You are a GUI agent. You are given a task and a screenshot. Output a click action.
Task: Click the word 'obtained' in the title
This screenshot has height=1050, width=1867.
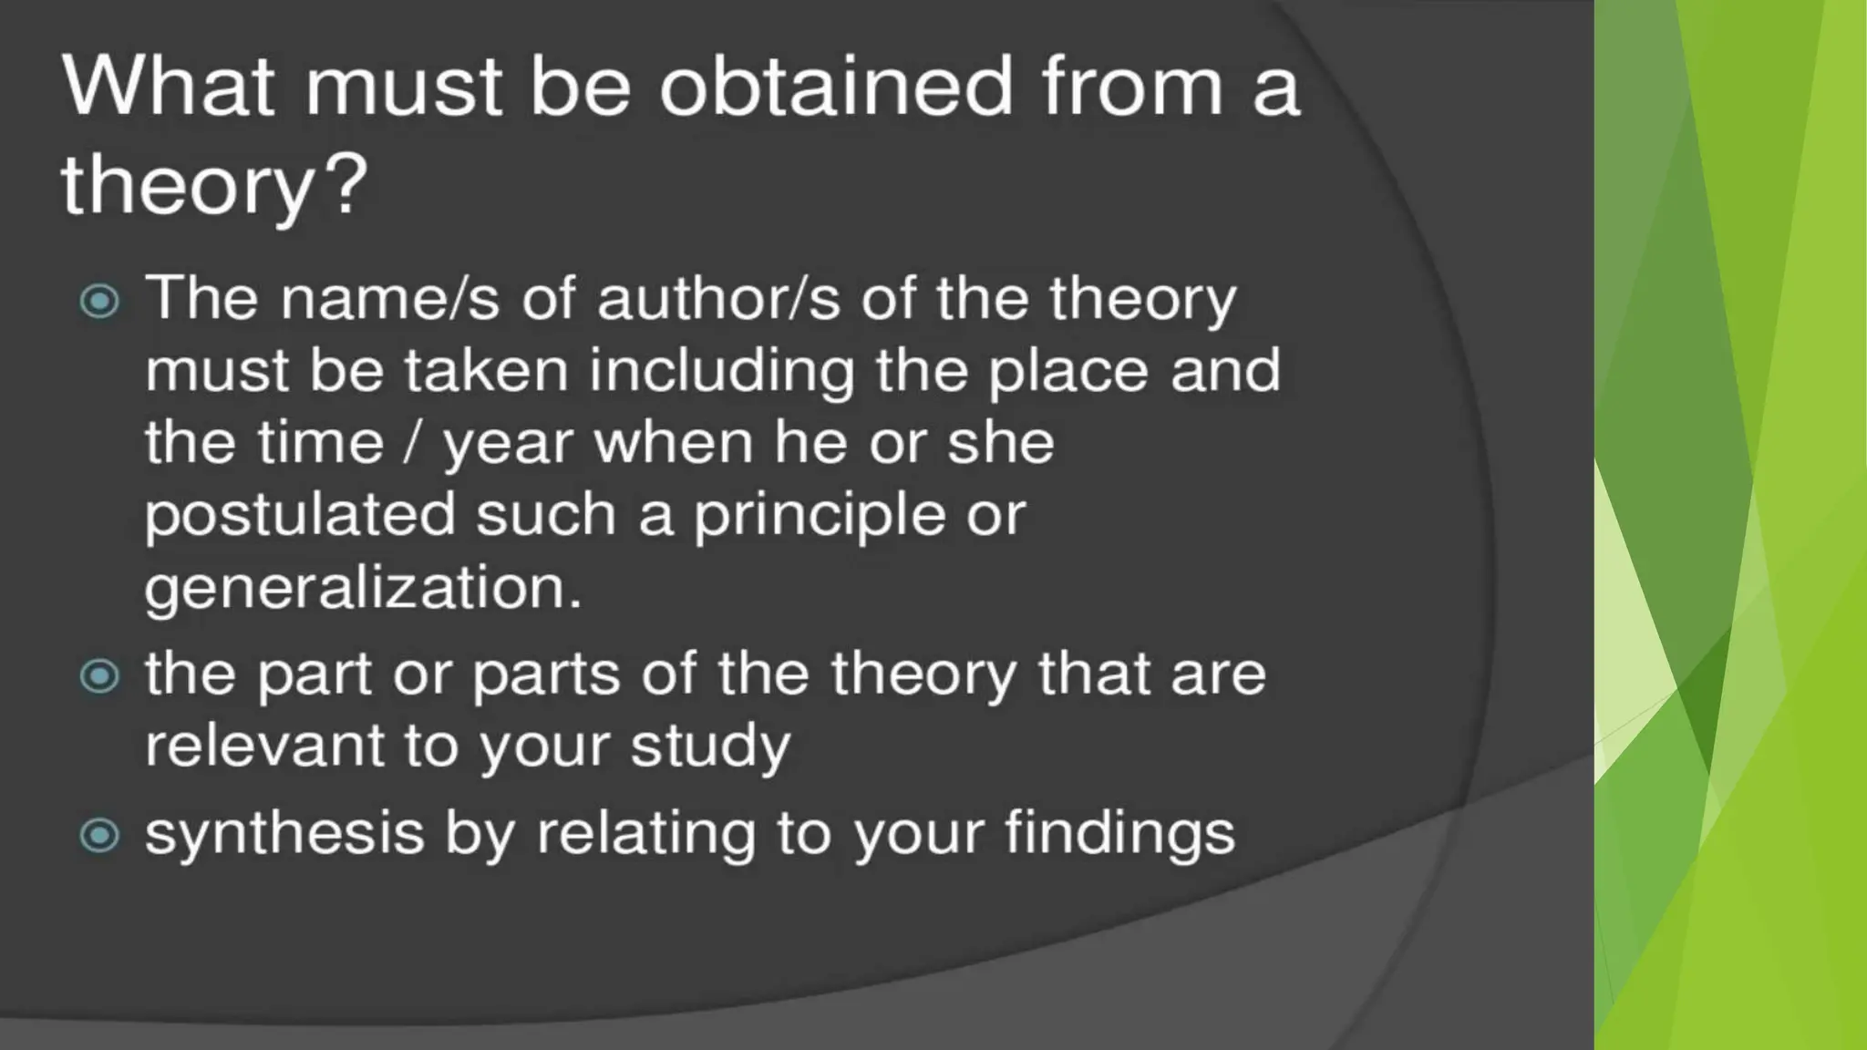click(835, 87)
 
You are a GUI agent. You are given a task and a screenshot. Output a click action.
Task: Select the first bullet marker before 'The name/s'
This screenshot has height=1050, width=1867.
click(99, 301)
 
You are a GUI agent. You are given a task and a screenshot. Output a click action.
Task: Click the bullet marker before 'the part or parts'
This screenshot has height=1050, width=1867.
click(99, 676)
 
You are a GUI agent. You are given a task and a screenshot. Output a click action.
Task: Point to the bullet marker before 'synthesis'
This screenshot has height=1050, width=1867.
click(99, 835)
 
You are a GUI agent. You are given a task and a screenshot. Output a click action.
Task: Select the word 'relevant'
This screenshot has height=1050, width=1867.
click(263, 746)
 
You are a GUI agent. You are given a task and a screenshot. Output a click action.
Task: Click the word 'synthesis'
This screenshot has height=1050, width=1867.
click(284, 834)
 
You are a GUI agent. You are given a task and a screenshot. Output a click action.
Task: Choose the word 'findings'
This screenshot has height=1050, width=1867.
click(1119, 834)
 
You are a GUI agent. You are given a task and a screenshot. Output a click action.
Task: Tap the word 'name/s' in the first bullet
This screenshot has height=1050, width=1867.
click(390, 298)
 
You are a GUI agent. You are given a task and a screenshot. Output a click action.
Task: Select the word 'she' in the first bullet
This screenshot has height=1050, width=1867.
click(1000, 444)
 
